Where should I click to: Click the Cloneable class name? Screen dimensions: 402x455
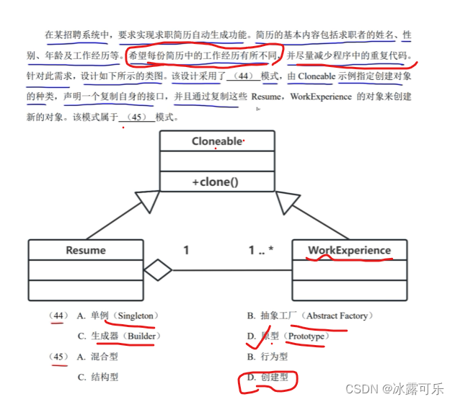(x=216, y=141)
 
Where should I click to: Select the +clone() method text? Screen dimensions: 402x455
(x=216, y=182)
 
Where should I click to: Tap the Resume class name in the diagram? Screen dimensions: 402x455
(x=86, y=251)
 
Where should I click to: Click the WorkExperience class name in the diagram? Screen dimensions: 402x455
(x=349, y=251)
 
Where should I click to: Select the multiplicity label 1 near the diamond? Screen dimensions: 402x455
(x=186, y=251)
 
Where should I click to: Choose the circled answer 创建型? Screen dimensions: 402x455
(x=275, y=377)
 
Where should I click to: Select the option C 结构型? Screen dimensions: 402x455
(x=105, y=377)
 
